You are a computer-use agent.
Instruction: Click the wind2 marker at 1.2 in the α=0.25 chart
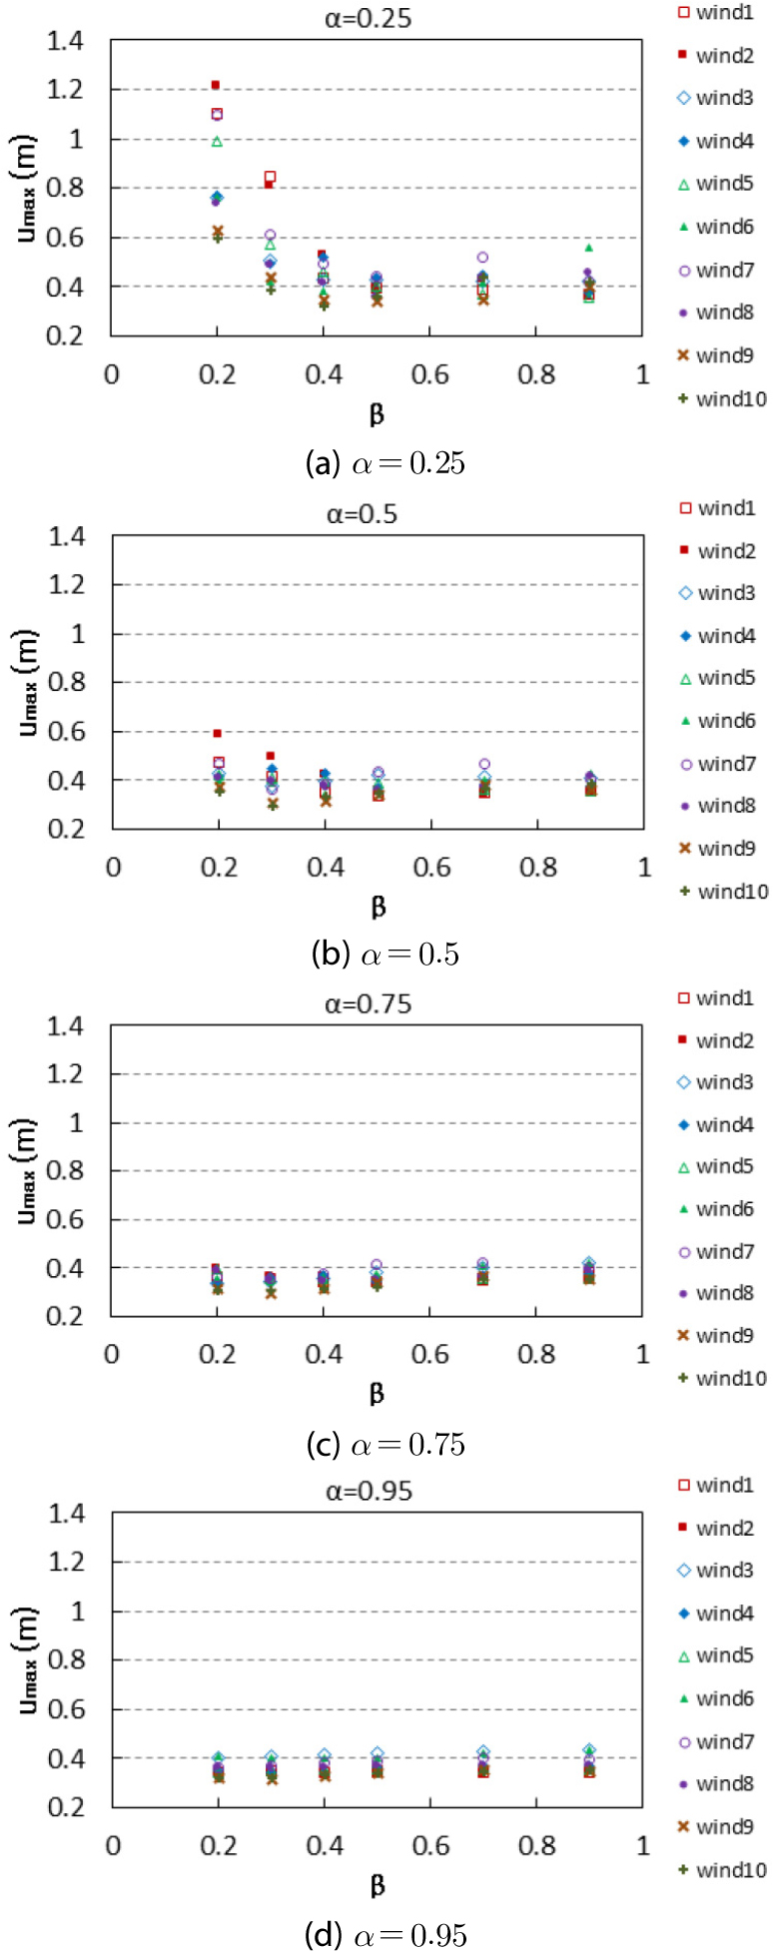coord(216,85)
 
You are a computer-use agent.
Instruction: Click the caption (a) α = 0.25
coord(386,463)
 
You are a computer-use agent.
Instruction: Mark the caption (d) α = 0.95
coord(386,1935)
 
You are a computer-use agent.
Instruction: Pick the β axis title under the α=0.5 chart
coord(379,907)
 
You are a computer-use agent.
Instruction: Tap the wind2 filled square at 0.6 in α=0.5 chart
coord(218,733)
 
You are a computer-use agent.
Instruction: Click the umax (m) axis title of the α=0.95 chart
coord(29,1659)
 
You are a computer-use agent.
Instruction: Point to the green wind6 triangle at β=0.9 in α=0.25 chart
coord(588,247)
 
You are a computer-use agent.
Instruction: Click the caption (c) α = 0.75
coord(386,1444)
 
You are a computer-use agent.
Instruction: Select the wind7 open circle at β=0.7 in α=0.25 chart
coord(482,258)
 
